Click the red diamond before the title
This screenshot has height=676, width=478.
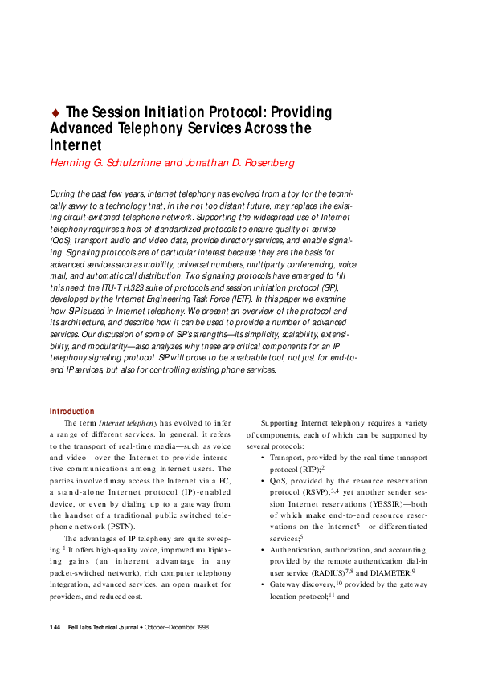pyautogui.click(x=55, y=112)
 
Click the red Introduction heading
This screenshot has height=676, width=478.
pyautogui.click(x=71, y=411)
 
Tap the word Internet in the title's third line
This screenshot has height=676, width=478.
pyautogui.click(x=76, y=145)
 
